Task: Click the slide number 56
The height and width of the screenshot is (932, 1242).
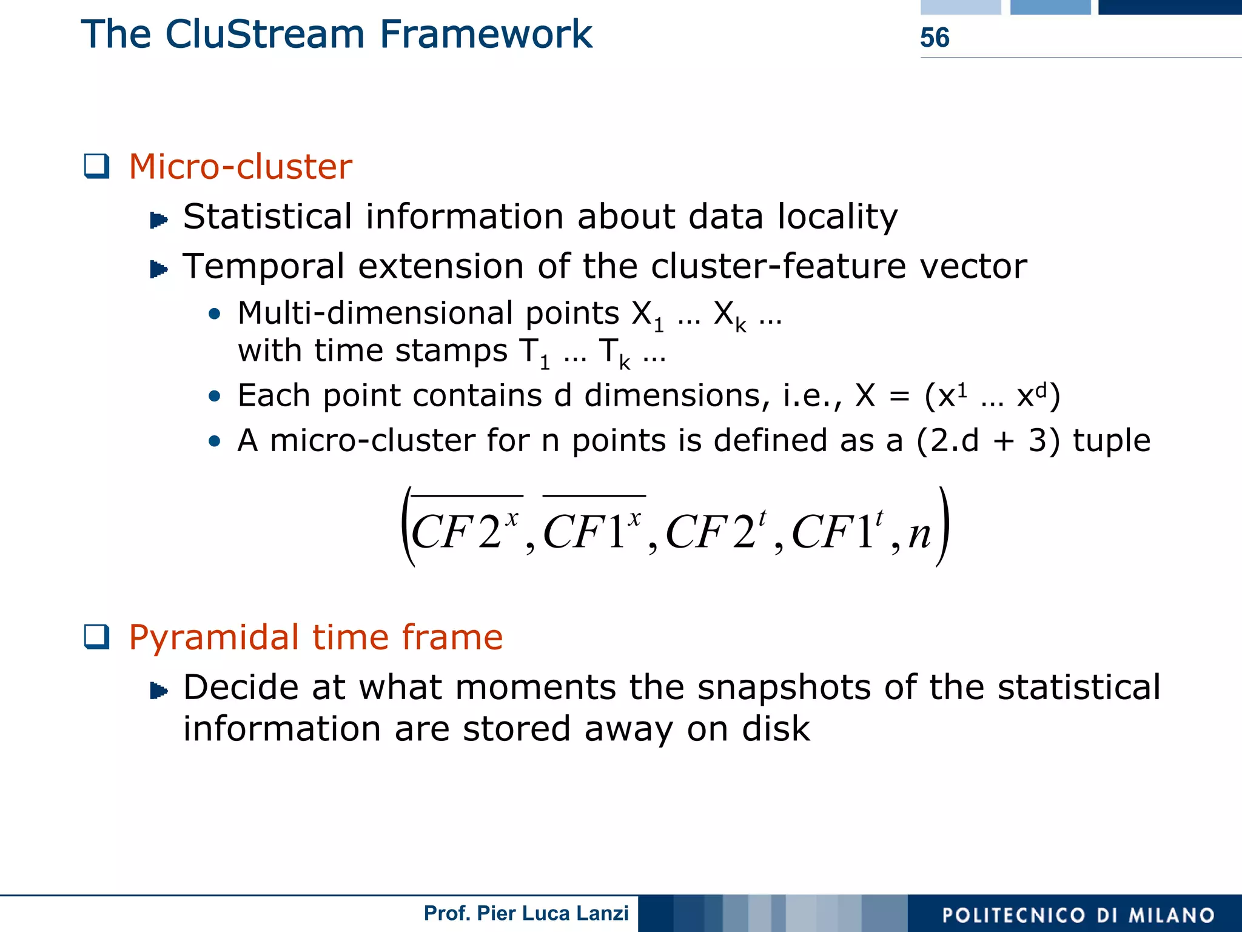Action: pos(934,38)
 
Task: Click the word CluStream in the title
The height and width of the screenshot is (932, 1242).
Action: pos(264,34)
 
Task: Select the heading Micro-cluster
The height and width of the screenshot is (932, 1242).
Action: pos(240,167)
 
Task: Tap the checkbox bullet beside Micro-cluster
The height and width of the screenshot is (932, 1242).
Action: pos(97,166)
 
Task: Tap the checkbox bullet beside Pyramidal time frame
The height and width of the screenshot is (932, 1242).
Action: pos(97,637)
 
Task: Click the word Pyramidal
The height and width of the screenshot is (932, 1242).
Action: pos(214,638)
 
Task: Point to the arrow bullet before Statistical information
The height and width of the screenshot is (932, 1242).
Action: pos(159,220)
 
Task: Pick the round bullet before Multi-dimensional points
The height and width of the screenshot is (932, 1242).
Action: pos(214,314)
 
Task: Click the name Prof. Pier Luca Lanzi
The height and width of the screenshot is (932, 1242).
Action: pos(526,913)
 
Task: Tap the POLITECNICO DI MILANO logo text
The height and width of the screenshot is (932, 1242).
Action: pos(1078,914)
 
